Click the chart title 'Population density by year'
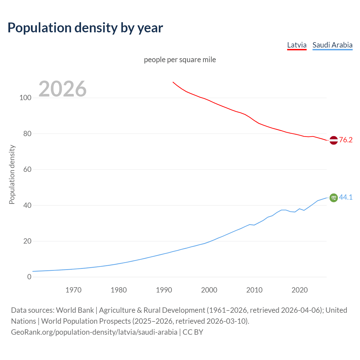[85, 28]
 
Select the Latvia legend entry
[297, 45]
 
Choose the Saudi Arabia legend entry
[332, 45]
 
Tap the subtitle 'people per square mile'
[180, 60]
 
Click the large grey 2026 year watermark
[62, 89]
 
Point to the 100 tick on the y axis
[25, 98]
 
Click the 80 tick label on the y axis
[27, 134]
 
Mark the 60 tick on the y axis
[27, 169]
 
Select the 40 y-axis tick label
[27, 205]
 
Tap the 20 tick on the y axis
[27, 241]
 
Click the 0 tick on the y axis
[29, 277]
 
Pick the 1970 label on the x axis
[73, 290]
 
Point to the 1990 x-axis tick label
[164, 290]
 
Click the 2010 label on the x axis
[254, 290]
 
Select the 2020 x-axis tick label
[300, 290]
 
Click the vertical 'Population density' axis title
[12, 174]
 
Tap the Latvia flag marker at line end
[334, 140]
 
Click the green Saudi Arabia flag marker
[334, 198]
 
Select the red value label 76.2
[346, 140]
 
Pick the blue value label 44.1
[346, 197]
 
